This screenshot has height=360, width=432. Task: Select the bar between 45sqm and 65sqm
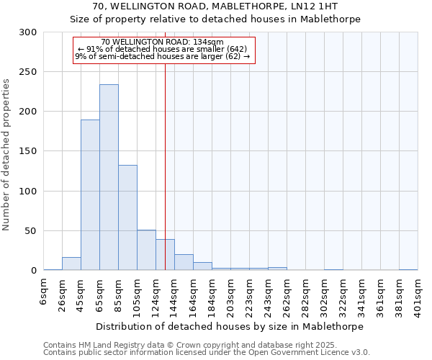click(90, 194)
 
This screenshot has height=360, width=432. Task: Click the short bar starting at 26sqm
click(71, 264)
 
